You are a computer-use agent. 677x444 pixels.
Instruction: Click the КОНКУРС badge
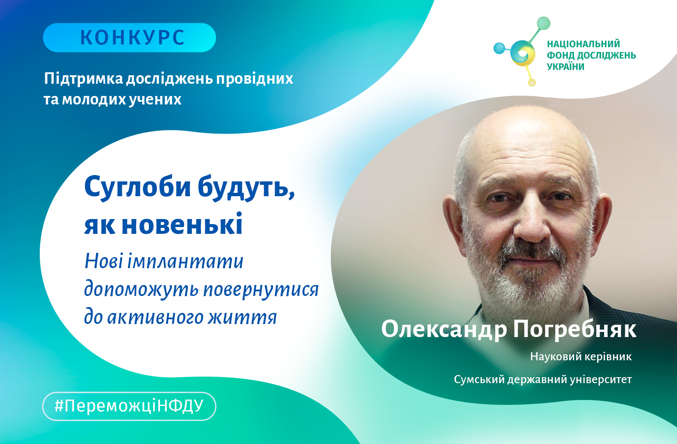(x=129, y=38)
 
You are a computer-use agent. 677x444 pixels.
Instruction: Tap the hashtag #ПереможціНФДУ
(x=129, y=406)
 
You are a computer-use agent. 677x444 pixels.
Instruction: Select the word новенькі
(x=182, y=224)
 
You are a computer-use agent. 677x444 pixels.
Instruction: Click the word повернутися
(x=261, y=290)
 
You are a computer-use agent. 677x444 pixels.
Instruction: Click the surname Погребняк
(x=575, y=329)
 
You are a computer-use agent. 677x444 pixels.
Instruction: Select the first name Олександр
(x=444, y=329)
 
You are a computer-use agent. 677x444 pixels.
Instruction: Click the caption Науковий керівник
(x=581, y=357)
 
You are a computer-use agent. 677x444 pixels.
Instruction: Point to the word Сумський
(x=479, y=379)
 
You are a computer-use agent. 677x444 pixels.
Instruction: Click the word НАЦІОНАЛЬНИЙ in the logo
(x=583, y=44)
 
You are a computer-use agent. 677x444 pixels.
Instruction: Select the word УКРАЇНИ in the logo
(x=566, y=66)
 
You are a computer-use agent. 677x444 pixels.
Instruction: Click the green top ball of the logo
(x=543, y=23)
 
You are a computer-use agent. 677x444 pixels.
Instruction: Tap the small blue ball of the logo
(x=499, y=48)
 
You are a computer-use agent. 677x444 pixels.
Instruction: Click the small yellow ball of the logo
(x=532, y=82)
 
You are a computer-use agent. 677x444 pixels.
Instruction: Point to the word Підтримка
(x=83, y=79)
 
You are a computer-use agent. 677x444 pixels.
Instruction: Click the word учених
(x=155, y=99)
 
